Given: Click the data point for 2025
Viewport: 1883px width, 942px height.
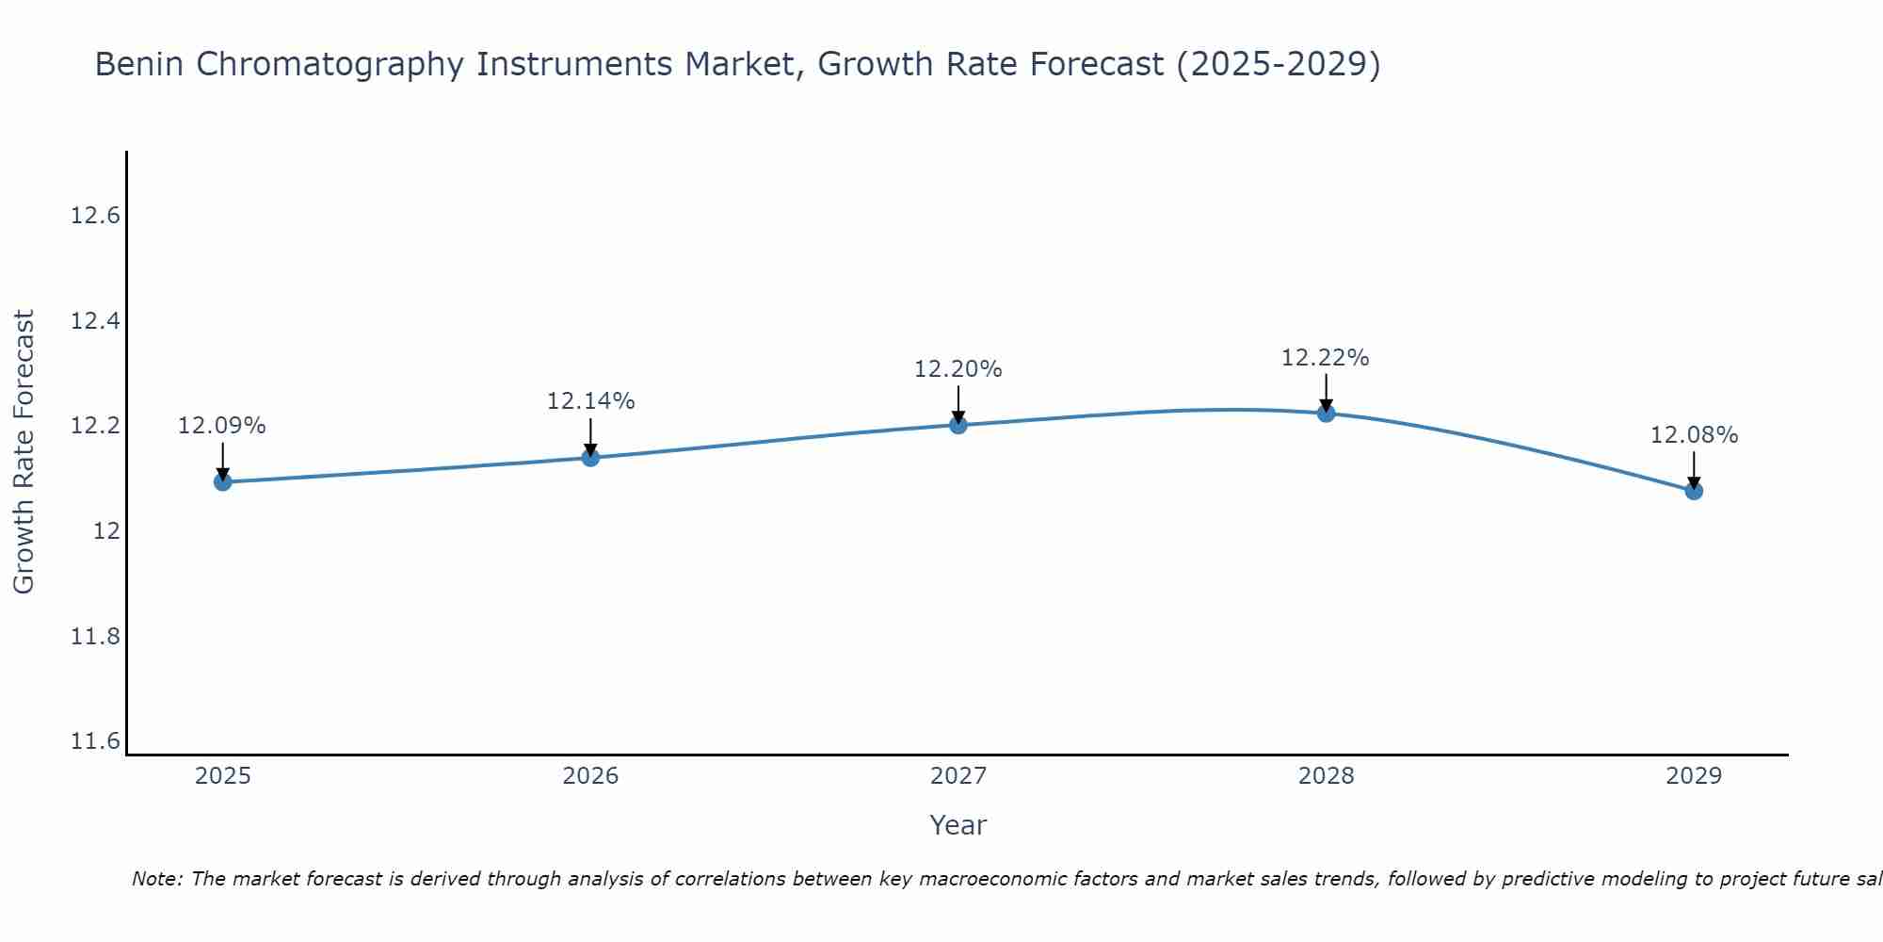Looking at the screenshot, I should click(223, 482).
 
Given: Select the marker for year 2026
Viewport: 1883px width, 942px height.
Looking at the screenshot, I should click(590, 458).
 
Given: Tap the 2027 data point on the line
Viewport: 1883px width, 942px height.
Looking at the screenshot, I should click(958, 425).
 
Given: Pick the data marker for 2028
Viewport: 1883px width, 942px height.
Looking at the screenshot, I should click(1326, 413).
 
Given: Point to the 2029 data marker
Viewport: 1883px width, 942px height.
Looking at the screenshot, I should click(1694, 491).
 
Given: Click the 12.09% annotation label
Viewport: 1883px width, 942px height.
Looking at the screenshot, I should click(222, 426).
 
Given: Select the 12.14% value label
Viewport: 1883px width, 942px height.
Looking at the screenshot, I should click(590, 401).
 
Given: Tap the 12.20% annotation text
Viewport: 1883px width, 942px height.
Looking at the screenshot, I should click(958, 369).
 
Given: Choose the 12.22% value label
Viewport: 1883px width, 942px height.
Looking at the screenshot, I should click(1326, 358).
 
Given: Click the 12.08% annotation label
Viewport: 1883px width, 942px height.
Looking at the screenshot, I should click(1694, 435).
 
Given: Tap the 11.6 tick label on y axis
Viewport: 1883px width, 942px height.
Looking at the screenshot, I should click(96, 742).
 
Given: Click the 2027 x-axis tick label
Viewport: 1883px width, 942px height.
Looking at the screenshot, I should click(958, 776).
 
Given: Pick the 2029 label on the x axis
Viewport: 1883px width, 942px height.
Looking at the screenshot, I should click(1694, 776).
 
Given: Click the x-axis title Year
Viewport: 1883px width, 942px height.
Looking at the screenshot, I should click(958, 825).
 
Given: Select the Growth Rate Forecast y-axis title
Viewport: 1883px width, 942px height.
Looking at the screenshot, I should click(24, 452).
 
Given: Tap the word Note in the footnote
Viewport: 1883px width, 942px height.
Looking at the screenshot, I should click(157, 879).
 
